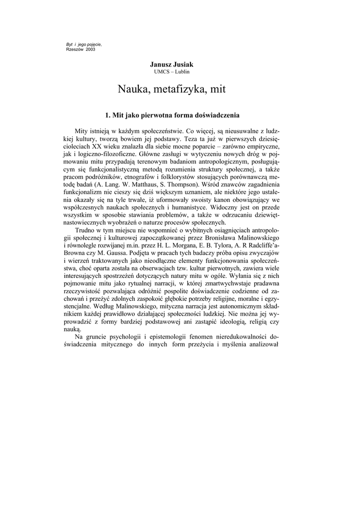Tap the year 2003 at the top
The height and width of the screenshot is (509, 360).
(90, 50)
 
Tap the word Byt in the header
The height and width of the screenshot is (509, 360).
(70, 45)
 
